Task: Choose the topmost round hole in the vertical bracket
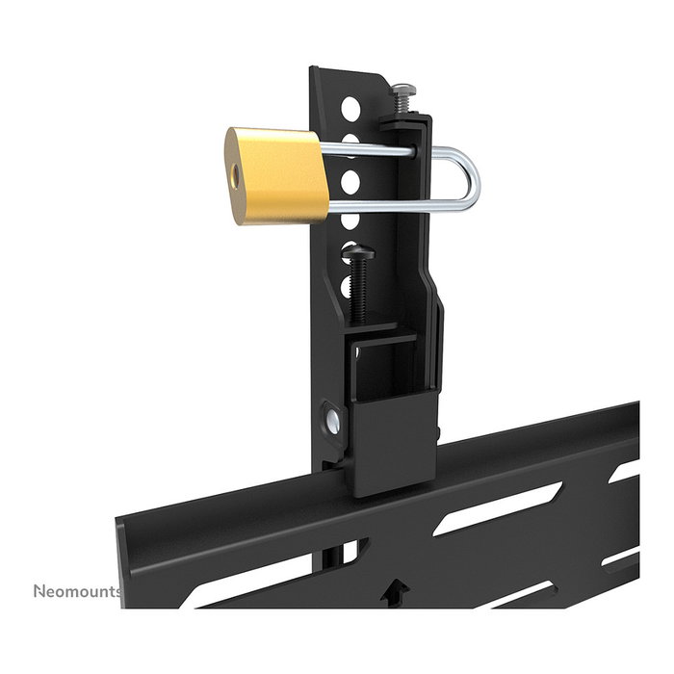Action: pyautogui.click(x=355, y=105)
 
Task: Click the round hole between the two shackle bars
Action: pyautogui.click(x=352, y=179)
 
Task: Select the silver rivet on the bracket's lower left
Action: pyautogui.click(x=330, y=421)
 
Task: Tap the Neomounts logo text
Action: pyautogui.click(x=77, y=590)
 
